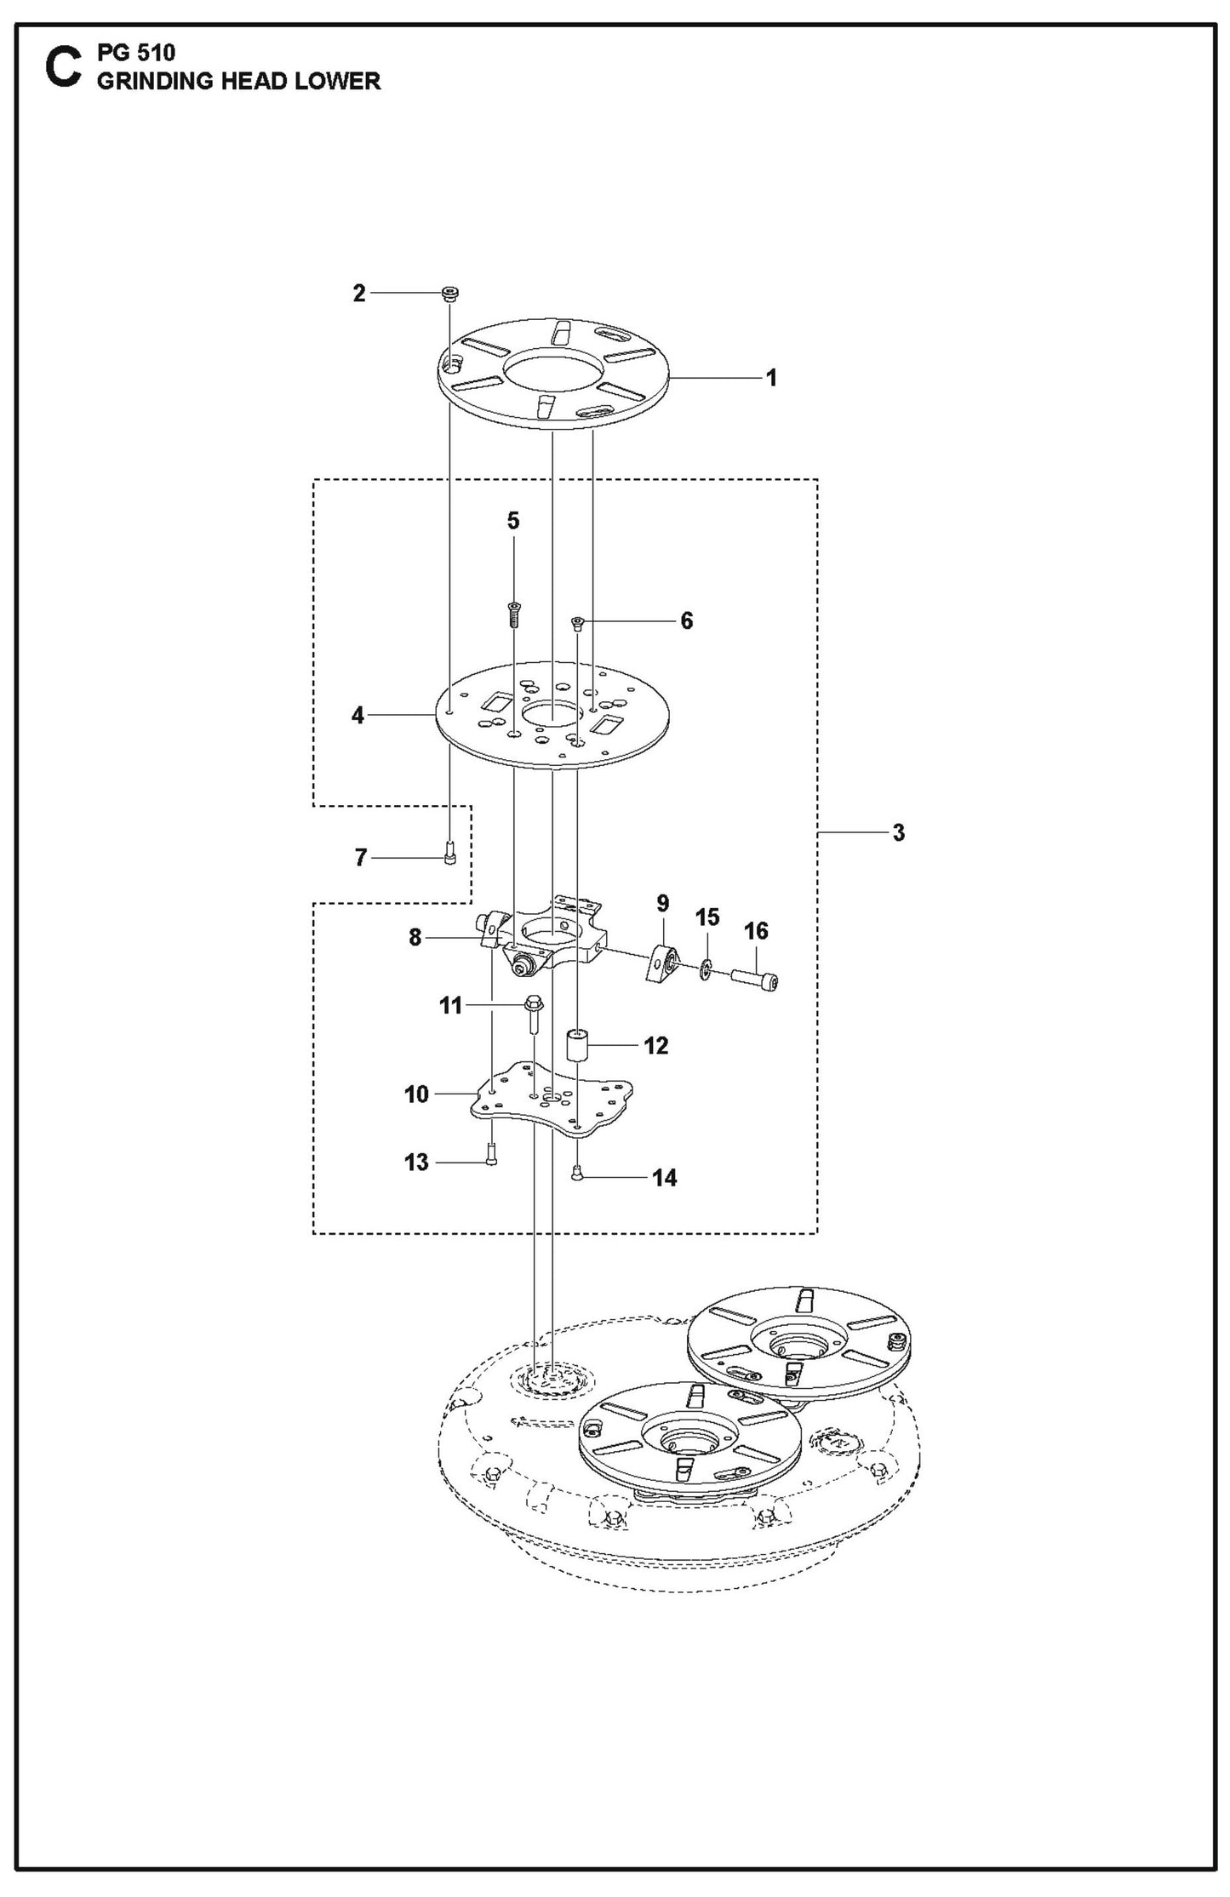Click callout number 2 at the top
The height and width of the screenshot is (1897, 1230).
pos(358,293)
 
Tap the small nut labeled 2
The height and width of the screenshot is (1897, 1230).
pos(449,294)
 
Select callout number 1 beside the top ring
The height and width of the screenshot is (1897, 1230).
pos(771,377)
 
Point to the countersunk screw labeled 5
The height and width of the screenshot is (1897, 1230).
pos(514,612)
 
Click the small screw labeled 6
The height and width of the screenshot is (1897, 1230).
pos(577,623)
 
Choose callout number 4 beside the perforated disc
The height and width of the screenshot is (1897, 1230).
pos(358,716)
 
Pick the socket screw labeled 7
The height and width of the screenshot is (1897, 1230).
pos(450,852)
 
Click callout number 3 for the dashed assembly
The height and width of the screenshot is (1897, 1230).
pos(898,832)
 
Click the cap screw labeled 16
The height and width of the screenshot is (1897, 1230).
pos(755,981)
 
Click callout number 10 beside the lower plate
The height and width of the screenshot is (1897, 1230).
pos(416,1094)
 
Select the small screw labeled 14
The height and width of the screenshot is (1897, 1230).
pos(577,1174)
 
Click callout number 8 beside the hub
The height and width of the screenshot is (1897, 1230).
pos(415,938)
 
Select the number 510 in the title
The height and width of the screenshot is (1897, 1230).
pos(156,53)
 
